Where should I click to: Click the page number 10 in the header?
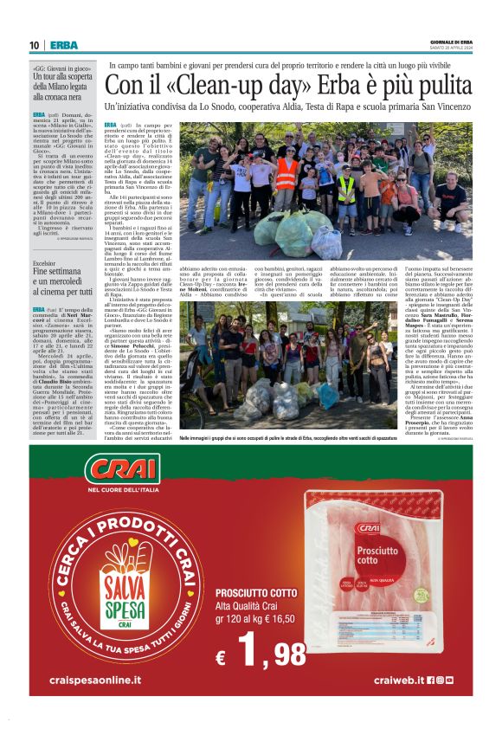point(34,45)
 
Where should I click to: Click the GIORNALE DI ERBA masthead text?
point(451,42)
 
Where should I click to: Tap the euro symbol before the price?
point(222,657)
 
